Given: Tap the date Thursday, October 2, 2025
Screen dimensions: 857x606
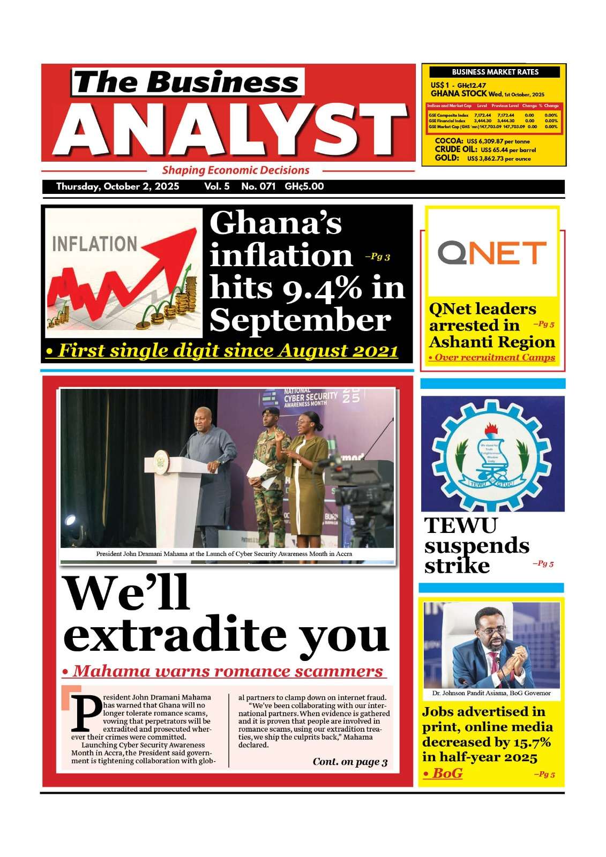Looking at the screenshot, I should tap(117, 187).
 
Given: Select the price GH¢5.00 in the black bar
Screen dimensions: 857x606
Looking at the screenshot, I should tap(304, 187).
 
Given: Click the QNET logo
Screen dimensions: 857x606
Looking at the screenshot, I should tap(492, 253).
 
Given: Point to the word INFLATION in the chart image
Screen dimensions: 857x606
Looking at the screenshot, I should tap(94, 244).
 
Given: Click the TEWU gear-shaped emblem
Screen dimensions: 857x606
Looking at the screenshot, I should tap(492, 453).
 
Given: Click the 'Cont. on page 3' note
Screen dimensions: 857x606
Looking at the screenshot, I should tap(350, 762).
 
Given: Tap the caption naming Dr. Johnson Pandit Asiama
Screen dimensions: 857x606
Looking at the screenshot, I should tap(491, 693).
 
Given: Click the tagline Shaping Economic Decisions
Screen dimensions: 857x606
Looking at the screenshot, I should tap(236, 170).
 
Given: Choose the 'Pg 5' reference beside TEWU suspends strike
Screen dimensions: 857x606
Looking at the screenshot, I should tap(543, 563).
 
